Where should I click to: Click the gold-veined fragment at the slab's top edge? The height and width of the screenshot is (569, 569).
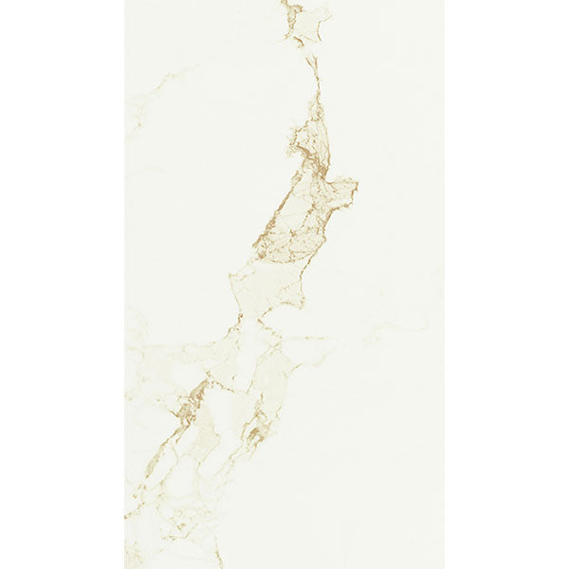coord(305,21)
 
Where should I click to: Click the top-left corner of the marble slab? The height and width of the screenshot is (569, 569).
coord(125,1)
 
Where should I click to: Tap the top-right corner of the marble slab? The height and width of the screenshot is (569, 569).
coord(443,1)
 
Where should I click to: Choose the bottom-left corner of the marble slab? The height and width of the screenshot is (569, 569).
coord(125,567)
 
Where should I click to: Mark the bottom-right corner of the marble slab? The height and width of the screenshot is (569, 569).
coord(443,567)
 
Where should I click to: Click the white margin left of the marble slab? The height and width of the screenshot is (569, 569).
coord(62,284)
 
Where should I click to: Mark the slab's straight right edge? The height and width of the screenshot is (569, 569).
coord(443,284)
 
